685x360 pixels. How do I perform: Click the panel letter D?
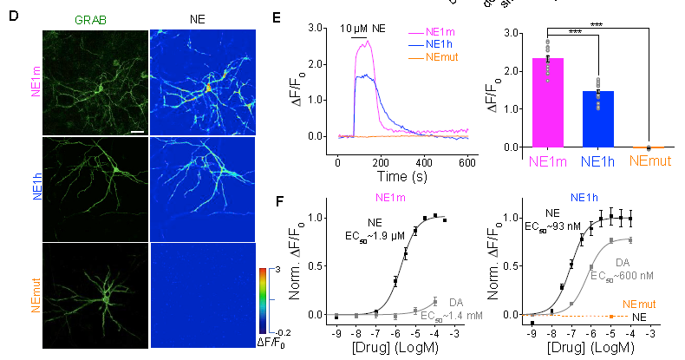pyautogui.click(x=14, y=17)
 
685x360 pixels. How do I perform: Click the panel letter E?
pyautogui.click(x=277, y=17)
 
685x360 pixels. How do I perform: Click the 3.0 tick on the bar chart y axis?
pyautogui.click(x=512, y=34)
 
